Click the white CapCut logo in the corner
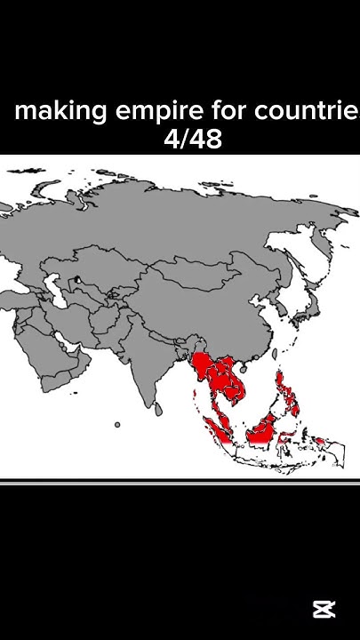coord(324,610)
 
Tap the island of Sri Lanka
coord(157,408)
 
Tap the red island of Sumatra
coord(216,423)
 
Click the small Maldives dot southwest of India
coord(116,424)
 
